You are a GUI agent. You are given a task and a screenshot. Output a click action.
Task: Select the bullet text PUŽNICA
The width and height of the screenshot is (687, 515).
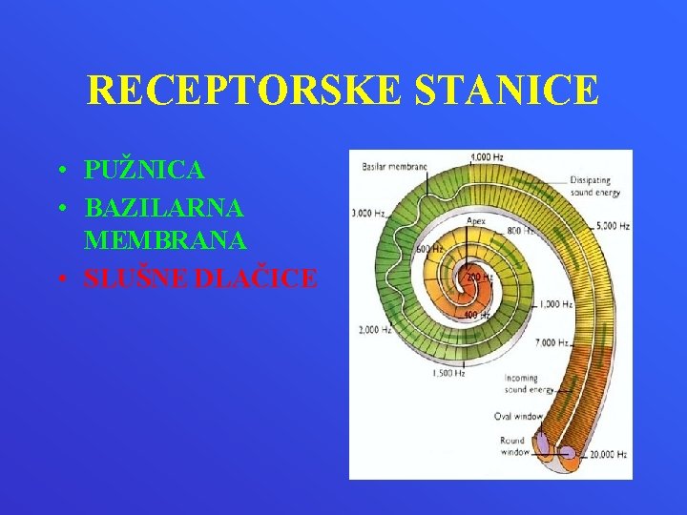(144, 171)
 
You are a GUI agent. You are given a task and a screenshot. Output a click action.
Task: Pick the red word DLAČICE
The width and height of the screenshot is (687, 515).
(260, 278)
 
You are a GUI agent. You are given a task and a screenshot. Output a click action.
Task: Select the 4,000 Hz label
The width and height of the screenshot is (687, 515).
(487, 156)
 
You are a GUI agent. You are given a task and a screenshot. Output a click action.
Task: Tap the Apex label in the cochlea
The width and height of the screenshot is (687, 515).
(476, 220)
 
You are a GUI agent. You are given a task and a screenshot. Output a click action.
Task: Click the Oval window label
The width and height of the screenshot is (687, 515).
(517, 416)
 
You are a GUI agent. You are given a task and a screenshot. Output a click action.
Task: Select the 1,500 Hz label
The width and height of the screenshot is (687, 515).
(448, 373)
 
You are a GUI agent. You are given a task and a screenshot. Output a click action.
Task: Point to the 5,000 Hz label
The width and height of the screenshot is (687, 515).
(611, 227)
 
